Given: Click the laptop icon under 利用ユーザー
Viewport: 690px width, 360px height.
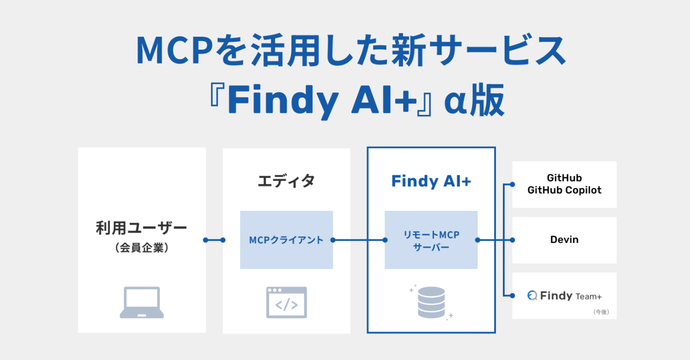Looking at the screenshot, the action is [142, 303].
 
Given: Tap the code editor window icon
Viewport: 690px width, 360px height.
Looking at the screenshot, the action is [287, 303].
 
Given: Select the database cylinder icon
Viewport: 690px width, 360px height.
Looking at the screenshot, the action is [431, 303].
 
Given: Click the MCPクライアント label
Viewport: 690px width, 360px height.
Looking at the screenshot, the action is [286, 240].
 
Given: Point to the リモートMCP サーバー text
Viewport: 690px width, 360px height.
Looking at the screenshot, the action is [431, 241].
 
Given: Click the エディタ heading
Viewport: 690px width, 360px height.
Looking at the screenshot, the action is [286, 181].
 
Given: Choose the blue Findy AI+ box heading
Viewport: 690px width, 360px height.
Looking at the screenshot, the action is [431, 181].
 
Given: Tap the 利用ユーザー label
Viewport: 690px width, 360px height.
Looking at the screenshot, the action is [141, 228].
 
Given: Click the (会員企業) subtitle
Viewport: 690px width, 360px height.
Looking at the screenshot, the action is [142, 248].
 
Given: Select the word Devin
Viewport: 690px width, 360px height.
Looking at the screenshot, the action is [565, 239].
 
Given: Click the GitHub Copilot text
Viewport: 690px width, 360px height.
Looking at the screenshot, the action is [565, 190].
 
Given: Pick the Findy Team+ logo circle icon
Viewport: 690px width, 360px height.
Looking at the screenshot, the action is [532, 295].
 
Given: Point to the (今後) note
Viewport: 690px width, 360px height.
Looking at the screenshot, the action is [601, 312].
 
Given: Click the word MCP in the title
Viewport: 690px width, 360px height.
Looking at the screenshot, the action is [175, 50].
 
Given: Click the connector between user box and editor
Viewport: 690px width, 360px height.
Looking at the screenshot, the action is [214, 240].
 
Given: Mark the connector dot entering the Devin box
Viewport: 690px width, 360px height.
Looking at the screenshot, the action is [512, 240].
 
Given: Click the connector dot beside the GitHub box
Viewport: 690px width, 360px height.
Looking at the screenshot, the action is [512, 184].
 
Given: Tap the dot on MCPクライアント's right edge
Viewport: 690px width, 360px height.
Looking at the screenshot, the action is [332, 240].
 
